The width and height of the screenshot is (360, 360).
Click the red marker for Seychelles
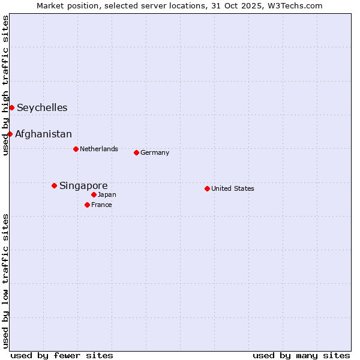point(11,107)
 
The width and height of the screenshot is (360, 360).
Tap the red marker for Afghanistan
point(10,134)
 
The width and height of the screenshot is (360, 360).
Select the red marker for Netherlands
point(76,149)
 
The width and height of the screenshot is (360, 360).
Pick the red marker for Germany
point(136,152)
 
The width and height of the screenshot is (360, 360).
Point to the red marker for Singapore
point(54,185)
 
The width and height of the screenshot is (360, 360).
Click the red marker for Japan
point(94,194)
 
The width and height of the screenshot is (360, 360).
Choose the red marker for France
point(87,205)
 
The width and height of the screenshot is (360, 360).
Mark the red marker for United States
point(207,188)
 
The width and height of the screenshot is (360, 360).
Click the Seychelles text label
point(42,108)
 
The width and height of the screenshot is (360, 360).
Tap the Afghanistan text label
point(43,134)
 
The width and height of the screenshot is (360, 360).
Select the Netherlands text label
point(99,149)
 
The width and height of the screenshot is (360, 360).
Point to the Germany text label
point(155,152)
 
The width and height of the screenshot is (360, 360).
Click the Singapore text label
point(83,186)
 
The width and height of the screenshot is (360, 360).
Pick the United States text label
point(233,188)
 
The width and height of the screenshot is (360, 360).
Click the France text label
point(101,205)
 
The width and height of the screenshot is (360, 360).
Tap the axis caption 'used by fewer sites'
point(62,355)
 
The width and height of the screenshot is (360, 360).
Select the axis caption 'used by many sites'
point(301,355)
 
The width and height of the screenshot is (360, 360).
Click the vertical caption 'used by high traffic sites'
point(5,85)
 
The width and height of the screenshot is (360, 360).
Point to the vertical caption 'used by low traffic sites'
point(5,281)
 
